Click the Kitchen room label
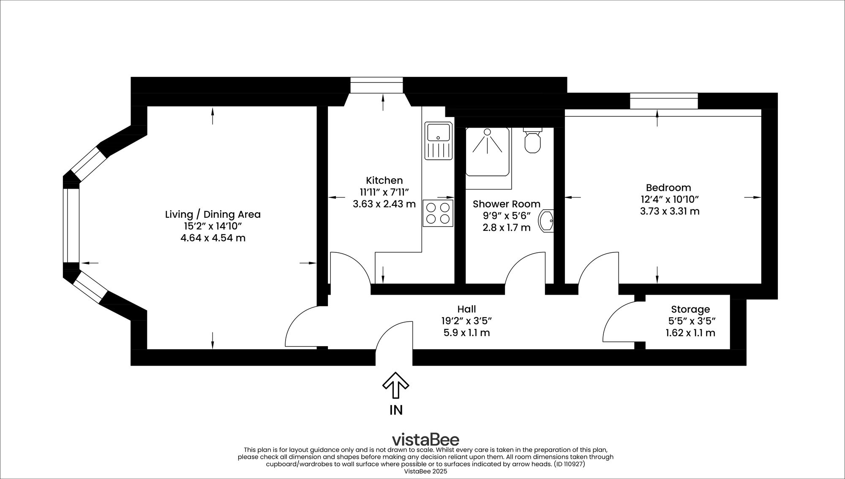[x=384, y=180]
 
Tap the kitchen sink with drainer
[x=439, y=141]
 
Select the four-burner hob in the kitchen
[x=438, y=213]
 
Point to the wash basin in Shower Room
[x=546, y=221]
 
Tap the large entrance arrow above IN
[x=395, y=385]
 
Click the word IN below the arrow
[x=396, y=410]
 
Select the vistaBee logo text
[x=425, y=439]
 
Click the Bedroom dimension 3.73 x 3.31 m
[x=669, y=211]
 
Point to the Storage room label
[x=690, y=309]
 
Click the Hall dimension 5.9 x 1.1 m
[x=466, y=333]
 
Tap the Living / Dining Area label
[x=213, y=214]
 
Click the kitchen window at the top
[x=376, y=85]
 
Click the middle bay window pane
[x=71, y=225]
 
